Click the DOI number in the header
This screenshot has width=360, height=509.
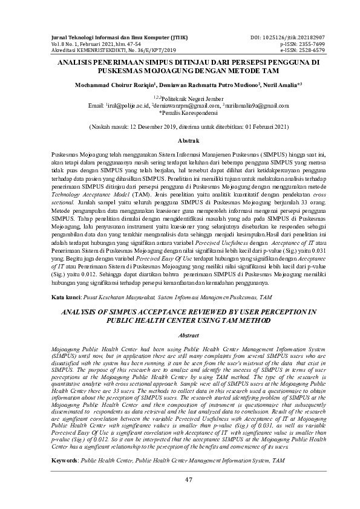click(288, 38)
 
